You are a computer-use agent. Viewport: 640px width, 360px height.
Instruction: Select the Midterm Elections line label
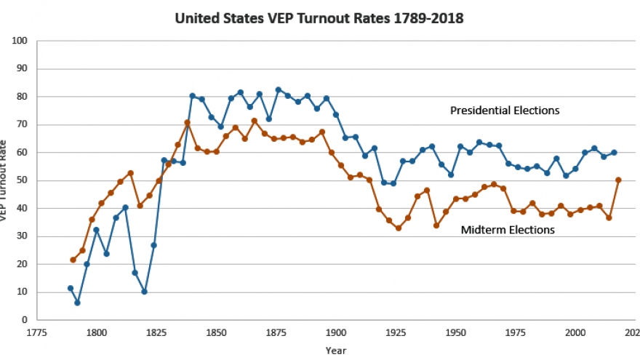click(508, 230)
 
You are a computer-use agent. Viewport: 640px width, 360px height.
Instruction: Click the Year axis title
click(337, 350)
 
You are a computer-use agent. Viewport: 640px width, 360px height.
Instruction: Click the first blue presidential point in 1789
click(71, 288)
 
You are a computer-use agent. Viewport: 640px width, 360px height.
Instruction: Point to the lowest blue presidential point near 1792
click(77, 303)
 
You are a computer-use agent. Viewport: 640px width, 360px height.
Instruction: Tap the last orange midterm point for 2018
click(618, 180)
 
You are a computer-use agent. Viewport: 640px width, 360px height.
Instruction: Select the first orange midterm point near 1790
click(73, 260)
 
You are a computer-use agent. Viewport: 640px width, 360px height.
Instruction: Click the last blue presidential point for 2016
click(614, 153)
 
